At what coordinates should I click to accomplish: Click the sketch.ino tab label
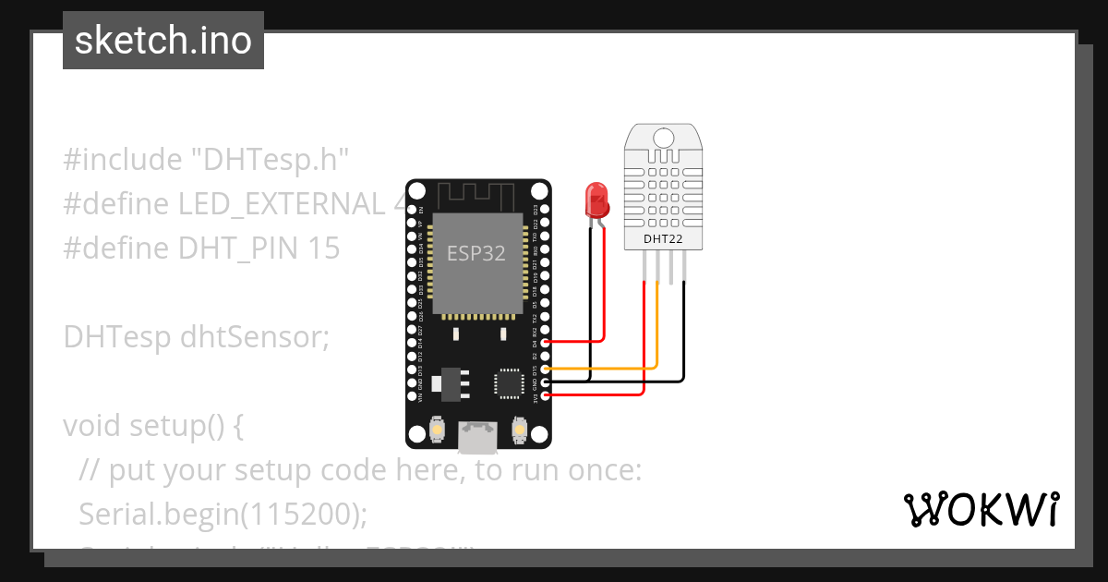163,41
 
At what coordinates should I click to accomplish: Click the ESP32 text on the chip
476,253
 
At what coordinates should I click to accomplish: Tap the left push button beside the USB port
437,430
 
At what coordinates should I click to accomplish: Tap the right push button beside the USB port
519,430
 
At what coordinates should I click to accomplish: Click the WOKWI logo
981,509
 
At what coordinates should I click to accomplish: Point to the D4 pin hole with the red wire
546,342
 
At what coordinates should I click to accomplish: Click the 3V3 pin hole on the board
546,394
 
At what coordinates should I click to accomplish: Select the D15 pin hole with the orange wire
546,369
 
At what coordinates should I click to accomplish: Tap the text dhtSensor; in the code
254,337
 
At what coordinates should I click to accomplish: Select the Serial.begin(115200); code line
218,513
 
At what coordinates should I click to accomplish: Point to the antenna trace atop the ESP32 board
476,195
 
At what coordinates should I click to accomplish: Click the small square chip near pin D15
509,383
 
